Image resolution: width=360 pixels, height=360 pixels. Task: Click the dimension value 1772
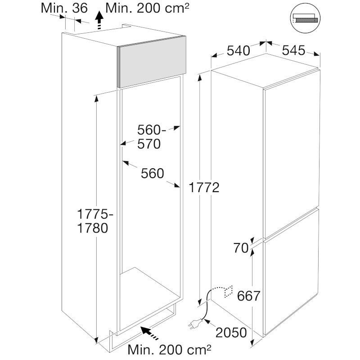[204, 188]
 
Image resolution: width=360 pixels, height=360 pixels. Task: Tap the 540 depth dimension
[238, 51]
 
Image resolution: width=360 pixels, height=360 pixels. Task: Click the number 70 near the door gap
[241, 248]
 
